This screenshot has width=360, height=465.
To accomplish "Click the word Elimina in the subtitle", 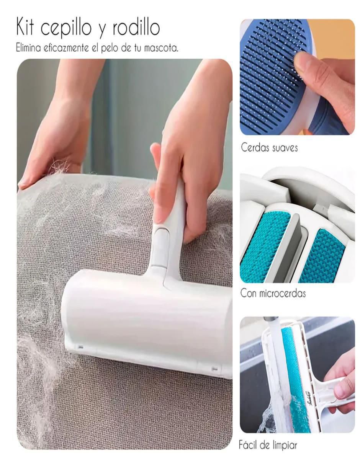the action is [x=28, y=48].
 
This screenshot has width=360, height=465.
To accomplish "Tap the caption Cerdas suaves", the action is [x=269, y=147].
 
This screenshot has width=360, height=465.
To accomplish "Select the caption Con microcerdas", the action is [x=273, y=293].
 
